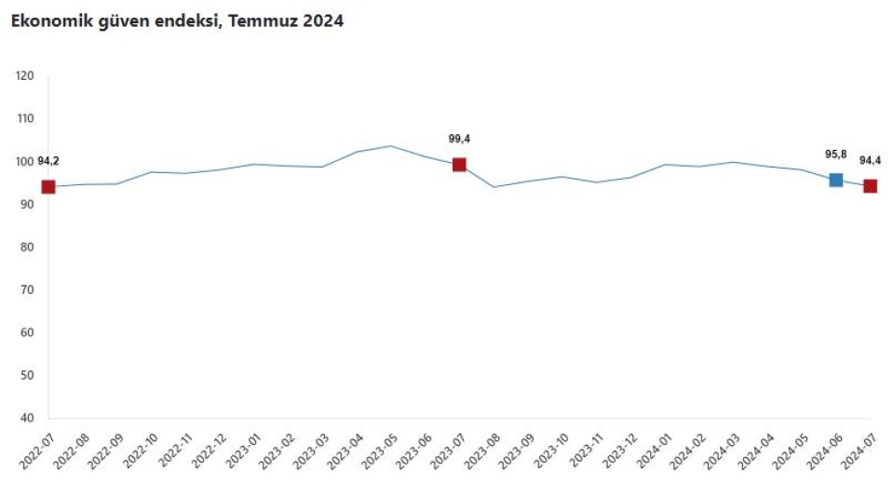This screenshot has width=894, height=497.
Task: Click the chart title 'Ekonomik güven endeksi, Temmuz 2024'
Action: point(177,21)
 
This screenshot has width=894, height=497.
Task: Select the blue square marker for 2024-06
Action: point(835,181)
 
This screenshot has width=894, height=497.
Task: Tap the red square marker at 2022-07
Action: point(48,187)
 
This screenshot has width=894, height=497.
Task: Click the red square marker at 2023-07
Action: point(459,165)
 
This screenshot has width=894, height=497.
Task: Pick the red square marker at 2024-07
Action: point(870,186)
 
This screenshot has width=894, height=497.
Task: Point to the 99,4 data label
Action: point(459,139)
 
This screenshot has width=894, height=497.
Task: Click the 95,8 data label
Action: point(836,154)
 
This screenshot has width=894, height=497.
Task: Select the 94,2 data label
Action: point(48,161)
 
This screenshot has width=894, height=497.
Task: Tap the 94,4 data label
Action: point(870,161)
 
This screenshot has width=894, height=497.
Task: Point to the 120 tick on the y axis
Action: point(24,75)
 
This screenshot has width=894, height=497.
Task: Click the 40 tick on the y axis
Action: point(27,418)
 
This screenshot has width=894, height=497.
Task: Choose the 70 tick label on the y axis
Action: point(27,289)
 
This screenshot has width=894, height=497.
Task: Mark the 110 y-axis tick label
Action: point(24,118)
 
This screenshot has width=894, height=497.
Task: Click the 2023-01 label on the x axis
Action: point(243,450)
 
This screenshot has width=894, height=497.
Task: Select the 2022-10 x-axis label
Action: point(141,450)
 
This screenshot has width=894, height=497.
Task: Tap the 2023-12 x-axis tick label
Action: point(620,450)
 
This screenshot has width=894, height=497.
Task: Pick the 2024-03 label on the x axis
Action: point(723,450)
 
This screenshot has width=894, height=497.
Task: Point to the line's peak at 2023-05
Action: point(390,146)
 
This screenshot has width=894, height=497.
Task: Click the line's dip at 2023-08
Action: point(494,187)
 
